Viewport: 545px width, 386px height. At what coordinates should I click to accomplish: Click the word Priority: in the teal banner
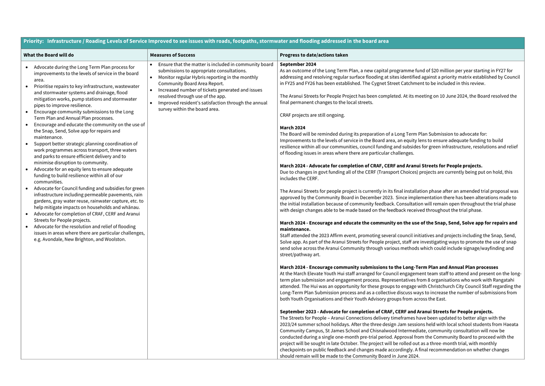click(x=34, y=41)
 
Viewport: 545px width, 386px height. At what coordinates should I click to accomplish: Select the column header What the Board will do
click(x=48, y=55)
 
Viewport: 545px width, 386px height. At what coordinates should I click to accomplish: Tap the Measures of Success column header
click(x=172, y=55)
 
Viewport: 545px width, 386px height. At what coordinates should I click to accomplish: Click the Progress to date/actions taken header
click(x=313, y=55)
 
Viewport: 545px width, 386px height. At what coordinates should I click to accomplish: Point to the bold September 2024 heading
click(x=298, y=64)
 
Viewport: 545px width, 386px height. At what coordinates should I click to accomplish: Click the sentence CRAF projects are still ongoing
click(x=312, y=115)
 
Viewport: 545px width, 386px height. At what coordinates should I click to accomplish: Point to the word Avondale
click(x=52, y=239)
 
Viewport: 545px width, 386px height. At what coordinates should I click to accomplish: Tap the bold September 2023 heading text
click(x=298, y=311)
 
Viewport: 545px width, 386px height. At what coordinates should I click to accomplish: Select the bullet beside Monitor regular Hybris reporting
click(x=151, y=77)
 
